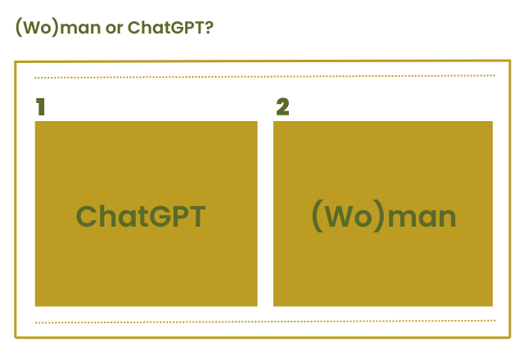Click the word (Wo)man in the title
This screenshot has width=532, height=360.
pos(58,27)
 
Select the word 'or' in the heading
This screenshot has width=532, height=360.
pos(114,28)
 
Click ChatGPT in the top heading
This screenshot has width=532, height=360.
pos(166,27)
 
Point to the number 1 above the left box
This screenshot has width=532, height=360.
pos(40,106)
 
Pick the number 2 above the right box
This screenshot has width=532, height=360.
pos(282,106)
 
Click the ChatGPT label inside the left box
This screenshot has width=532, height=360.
pos(141,216)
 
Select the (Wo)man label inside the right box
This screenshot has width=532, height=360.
pos(384,216)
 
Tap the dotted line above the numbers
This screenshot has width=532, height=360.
pos(264,77)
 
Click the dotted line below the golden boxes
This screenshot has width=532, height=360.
pos(265,322)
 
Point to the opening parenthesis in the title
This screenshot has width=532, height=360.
pos(19,27)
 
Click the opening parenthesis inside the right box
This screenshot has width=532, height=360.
pos(317,216)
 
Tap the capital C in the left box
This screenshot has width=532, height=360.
pos(86,216)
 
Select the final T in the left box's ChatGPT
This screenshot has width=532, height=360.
pos(196,216)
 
